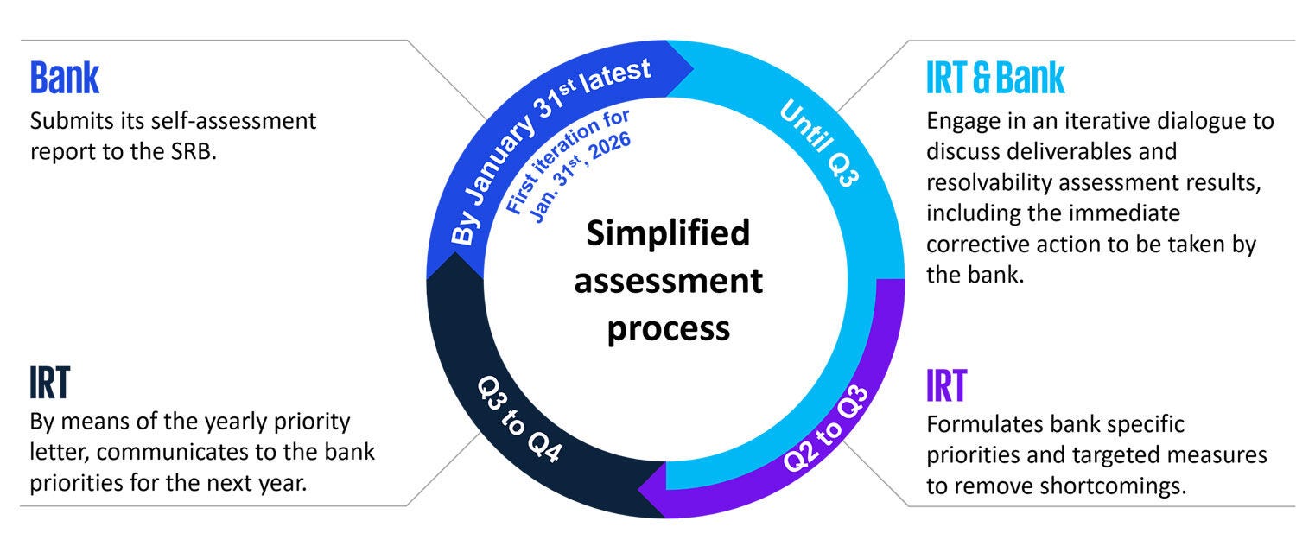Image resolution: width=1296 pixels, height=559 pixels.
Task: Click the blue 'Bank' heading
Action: coord(65,78)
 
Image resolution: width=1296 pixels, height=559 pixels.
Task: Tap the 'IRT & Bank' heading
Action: coord(995,78)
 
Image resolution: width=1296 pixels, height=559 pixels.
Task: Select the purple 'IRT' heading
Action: coord(946,385)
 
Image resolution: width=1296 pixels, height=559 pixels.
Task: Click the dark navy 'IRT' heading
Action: coord(49,384)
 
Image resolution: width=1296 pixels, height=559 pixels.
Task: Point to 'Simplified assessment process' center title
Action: coord(669,282)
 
